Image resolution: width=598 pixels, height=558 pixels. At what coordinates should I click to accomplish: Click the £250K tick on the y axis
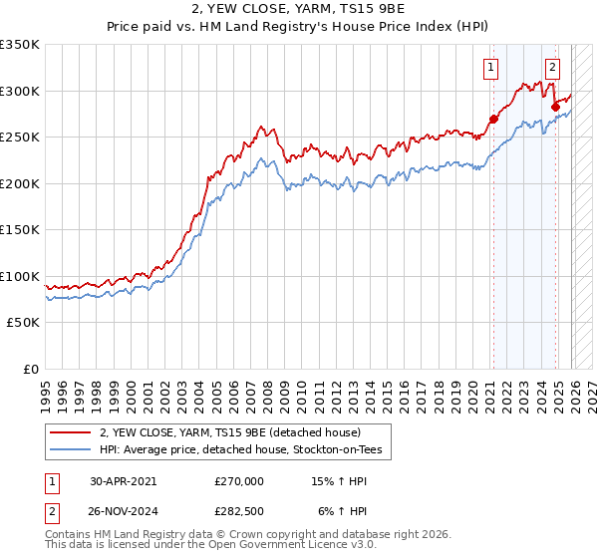(20, 138)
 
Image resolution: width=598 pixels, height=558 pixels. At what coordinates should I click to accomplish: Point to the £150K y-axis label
(20, 230)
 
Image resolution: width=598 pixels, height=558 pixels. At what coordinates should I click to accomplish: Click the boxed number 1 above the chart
(492, 69)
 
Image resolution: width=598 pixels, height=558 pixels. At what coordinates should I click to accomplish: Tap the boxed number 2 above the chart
(552, 69)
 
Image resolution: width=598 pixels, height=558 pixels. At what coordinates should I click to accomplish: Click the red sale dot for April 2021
(493, 119)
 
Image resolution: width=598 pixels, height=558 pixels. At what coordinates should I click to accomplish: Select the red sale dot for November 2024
(555, 107)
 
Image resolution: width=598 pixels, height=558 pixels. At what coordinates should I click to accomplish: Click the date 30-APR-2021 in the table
(124, 481)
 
